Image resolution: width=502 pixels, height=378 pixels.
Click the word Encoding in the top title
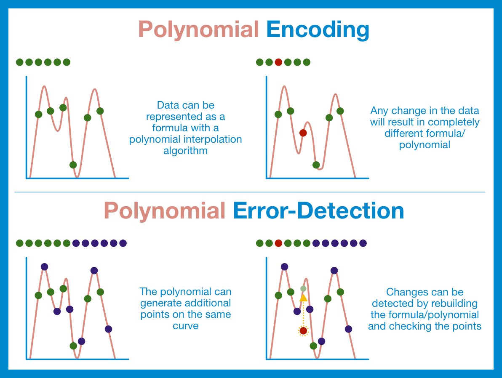coord(318,30)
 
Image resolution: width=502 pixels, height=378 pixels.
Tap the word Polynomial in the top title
coord(198,30)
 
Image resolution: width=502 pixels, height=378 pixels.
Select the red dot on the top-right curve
coord(303,133)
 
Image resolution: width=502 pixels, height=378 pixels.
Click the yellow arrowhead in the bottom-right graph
coord(303,298)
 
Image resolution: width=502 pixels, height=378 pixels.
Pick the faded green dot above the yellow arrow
coord(303,289)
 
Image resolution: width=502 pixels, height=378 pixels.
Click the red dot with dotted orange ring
coord(303,330)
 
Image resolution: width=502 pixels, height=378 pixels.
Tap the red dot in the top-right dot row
coord(278,62)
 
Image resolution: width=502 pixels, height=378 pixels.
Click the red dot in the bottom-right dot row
coord(278,243)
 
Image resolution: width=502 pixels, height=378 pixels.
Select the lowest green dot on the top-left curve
coord(73,165)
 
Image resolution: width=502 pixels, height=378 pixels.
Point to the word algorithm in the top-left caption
coord(185,151)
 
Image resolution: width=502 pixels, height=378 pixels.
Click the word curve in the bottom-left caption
coord(186,326)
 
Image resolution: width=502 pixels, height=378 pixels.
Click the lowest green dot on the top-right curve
coord(316,165)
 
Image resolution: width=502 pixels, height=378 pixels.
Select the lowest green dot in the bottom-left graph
coord(73,346)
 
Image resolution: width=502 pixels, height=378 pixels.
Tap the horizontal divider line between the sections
coord(250,192)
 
